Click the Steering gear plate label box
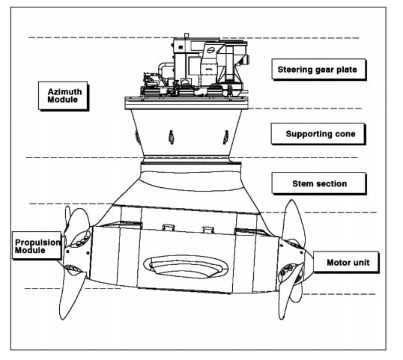[319, 70]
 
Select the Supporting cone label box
[318, 134]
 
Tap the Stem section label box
[319, 183]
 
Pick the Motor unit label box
[346, 263]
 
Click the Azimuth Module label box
[64, 96]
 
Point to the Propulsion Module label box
[37, 245]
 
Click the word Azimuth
[64, 91]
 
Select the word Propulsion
[37, 242]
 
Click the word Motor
[337, 263]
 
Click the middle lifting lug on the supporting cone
[172, 138]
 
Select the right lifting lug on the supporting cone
[225, 138]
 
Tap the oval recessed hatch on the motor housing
[186, 266]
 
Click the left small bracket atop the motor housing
[169, 228]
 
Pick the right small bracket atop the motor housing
[208, 230]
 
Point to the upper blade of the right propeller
[293, 221]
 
